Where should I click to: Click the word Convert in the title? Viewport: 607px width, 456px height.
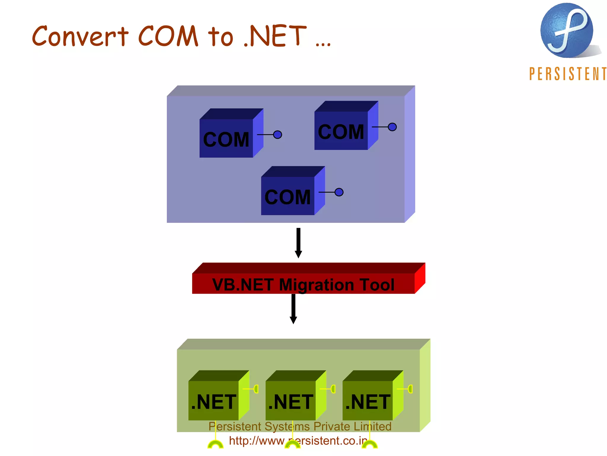click(x=80, y=36)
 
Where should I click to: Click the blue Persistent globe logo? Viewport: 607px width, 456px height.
click(x=566, y=30)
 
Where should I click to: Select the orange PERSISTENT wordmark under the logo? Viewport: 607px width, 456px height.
click(x=568, y=74)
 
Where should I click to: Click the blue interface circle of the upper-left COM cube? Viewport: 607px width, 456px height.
click(x=277, y=135)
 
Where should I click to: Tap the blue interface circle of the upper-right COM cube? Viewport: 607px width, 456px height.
click(x=392, y=127)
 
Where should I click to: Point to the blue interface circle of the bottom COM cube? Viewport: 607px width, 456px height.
click(x=339, y=192)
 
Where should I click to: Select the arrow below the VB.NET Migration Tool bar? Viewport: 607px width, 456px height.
click(x=293, y=309)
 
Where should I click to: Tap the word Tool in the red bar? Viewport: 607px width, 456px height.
click(x=377, y=284)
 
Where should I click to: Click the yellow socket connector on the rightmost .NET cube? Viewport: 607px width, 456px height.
click(x=410, y=389)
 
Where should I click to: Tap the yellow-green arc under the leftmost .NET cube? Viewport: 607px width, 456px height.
click(x=215, y=444)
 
